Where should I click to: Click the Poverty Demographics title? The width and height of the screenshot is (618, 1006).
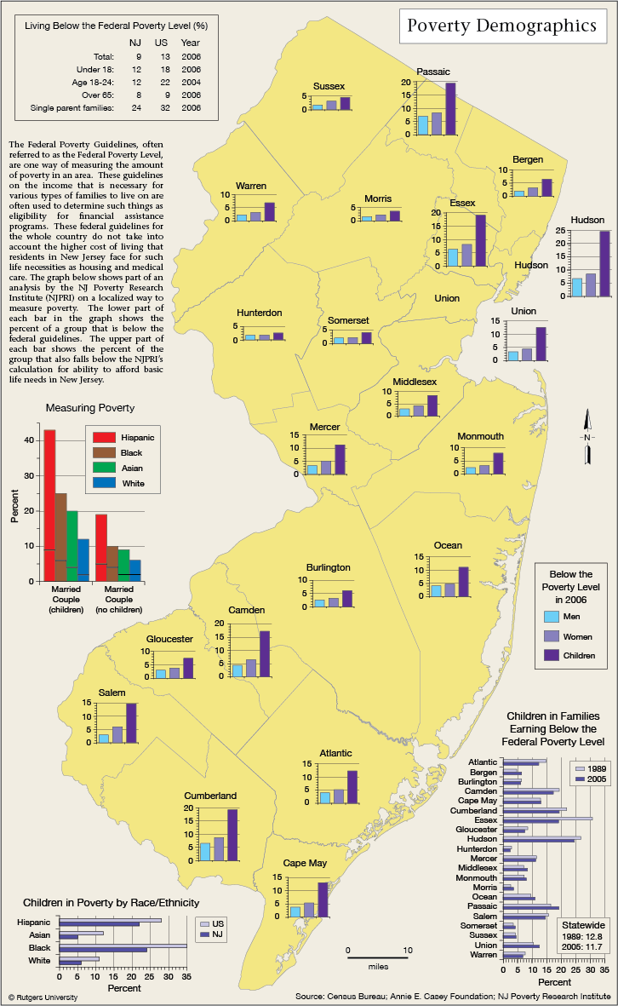point(502,26)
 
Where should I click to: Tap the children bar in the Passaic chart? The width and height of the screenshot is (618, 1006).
point(450,108)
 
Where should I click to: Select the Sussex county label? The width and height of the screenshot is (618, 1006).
point(329,86)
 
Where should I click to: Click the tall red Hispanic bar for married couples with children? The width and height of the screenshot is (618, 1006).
point(49,506)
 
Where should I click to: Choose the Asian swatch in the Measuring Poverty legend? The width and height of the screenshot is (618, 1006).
point(104,468)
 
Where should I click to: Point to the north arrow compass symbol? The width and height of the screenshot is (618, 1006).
point(588,437)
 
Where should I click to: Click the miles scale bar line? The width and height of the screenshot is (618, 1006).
point(378,958)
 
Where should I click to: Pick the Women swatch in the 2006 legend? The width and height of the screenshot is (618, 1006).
point(552,636)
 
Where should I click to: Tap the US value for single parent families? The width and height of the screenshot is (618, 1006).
point(165,108)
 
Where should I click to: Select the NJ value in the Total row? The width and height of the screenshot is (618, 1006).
point(139,56)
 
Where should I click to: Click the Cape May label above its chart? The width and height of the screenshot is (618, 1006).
point(305,863)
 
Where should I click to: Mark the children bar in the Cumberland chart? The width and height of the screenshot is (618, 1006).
point(232,835)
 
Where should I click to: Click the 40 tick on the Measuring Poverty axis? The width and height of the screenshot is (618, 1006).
point(30,440)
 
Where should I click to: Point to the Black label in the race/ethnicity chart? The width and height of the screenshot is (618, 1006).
point(39,947)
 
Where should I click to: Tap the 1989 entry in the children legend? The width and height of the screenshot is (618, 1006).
point(591,768)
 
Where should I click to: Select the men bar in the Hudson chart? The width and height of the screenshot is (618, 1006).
point(577,287)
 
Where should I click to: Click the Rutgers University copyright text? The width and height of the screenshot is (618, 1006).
point(43,997)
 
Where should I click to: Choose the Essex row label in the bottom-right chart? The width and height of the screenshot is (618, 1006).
point(485,820)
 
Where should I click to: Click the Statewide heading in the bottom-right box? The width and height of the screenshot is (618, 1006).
point(583,925)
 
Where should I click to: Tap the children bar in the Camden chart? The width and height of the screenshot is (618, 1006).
point(264,653)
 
